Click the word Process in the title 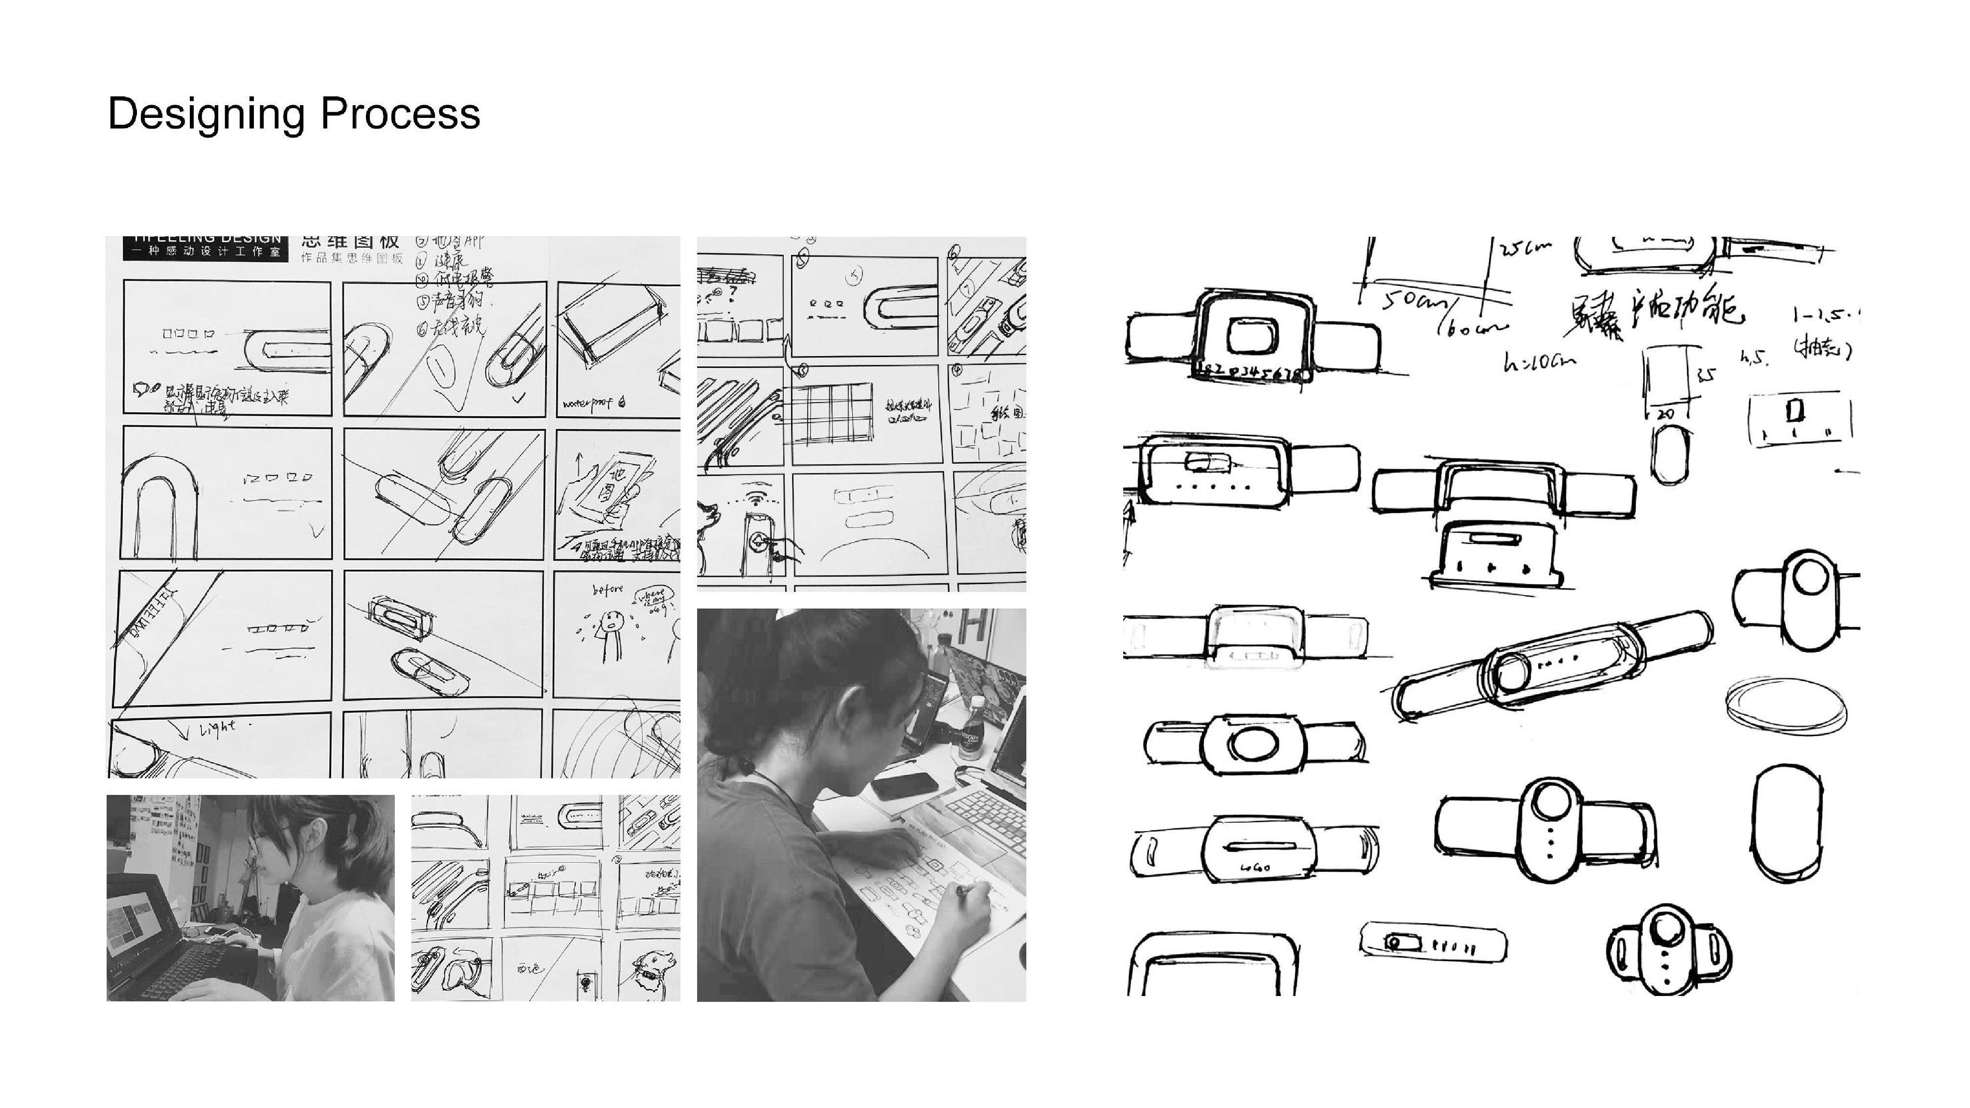click(400, 113)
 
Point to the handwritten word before click(608, 589)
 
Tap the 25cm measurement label click(1526, 249)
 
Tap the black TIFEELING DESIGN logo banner click(206, 248)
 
